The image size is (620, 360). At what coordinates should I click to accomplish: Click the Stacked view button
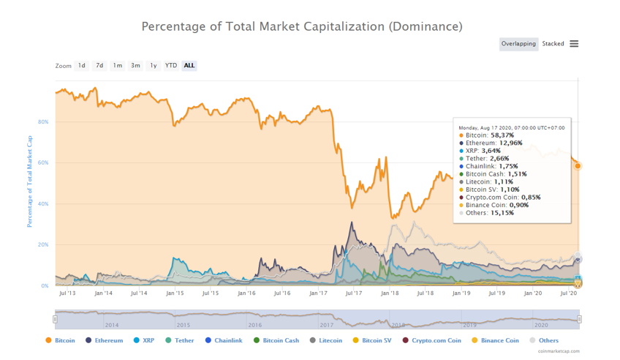coord(553,44)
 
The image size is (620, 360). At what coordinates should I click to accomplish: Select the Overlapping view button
coord(518,44)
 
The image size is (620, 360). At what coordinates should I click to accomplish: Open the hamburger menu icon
coord(574,44)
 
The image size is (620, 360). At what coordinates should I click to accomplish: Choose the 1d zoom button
coord(82,66)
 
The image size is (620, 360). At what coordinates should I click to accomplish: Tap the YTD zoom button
coord(170,66)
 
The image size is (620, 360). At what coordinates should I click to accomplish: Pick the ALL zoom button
coord(189,66)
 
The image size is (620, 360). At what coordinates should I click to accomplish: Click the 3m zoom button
coord(135,66)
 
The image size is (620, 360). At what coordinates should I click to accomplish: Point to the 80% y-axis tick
coord(44,122)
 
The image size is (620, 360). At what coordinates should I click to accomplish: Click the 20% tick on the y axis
coord(44,245)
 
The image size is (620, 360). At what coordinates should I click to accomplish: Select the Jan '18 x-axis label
coord(390,293)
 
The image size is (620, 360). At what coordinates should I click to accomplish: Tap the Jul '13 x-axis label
coord(67,293)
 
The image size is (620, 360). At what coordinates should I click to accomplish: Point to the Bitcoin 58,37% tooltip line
coord(489,135)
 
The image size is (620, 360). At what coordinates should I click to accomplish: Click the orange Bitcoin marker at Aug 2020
coord(578,166)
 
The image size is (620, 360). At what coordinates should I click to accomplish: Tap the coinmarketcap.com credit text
coord(559,352)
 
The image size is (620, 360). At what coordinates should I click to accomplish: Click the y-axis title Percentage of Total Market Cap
coord(30,181)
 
